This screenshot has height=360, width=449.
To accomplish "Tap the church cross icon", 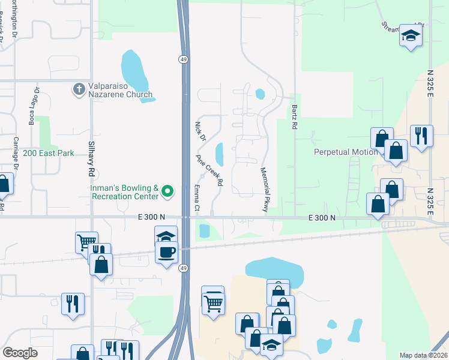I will [x=79, y=89].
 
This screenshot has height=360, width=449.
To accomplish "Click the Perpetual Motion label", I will [x=346, y=152].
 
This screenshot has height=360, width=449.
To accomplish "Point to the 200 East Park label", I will [x=49, y=153].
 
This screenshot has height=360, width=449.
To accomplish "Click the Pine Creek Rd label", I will [x=209, y=170].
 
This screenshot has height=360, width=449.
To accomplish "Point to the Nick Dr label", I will [x=199, y=131].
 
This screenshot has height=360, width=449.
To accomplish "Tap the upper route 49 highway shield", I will [x=182, y=59].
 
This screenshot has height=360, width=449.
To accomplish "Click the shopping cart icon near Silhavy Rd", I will [x=86, y=241].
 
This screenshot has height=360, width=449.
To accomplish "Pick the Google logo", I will [x=20, y=353].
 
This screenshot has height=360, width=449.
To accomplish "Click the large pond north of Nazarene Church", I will [x=134, y=69].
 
